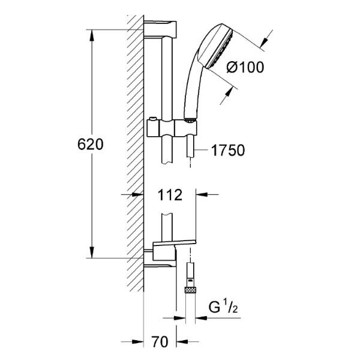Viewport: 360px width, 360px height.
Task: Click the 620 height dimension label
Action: tap(91, 145)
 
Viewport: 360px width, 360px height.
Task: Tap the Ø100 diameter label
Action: tap(245, 67)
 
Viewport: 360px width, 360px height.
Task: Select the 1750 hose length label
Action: tap(228, 151)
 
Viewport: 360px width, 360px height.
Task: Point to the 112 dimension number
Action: tap(170, 194)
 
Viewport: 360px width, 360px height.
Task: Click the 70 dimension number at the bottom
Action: tap(160, 341)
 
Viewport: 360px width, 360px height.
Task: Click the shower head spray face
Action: tap(220, 50)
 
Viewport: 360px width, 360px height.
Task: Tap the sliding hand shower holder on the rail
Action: tap(172, 128)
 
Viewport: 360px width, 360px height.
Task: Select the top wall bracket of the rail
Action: tap(160, 29)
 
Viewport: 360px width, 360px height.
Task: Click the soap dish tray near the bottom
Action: tap(174, 243)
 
